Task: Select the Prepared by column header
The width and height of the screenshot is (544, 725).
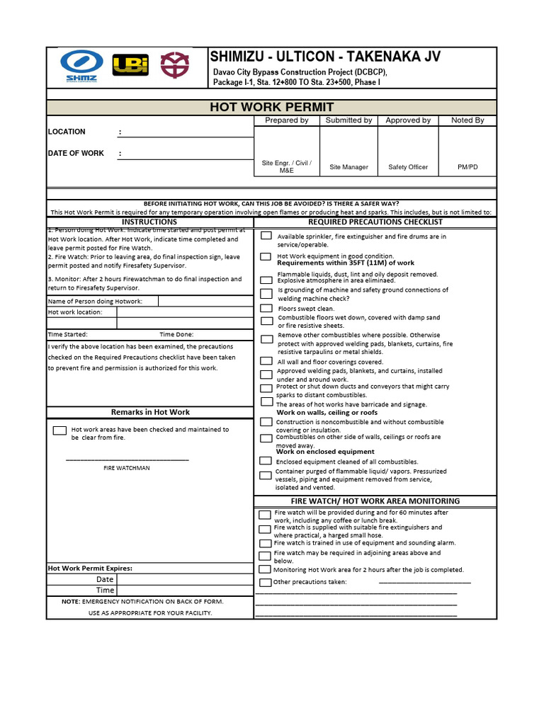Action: click(286, 120)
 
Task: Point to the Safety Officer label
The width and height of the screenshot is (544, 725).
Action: click(408, 167)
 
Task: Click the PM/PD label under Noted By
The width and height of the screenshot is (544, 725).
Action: click(467, 167)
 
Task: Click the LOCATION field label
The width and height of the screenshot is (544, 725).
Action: click(67, 132)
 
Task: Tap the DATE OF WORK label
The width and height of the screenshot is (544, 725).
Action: click(76, 153)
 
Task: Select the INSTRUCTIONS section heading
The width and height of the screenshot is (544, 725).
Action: click(149, 222)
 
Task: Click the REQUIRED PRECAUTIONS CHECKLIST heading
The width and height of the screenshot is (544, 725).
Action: click(375, 222)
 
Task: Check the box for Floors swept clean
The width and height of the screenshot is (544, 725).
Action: click(266, 309)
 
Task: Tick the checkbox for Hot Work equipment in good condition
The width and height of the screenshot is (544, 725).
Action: click(266, 256)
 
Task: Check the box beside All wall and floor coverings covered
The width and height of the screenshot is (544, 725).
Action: click(266, 362)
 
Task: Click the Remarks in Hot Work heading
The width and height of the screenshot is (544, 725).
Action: click(150, 412)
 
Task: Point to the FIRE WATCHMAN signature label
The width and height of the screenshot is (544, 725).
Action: click(127, 468)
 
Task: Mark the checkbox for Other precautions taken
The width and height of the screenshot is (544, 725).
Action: click(265, 582)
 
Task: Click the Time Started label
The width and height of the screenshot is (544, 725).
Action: click(68, 334)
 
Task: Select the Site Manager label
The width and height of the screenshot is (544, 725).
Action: click(348, 167)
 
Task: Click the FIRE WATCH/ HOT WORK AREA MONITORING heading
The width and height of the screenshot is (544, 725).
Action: click(375, 501)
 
